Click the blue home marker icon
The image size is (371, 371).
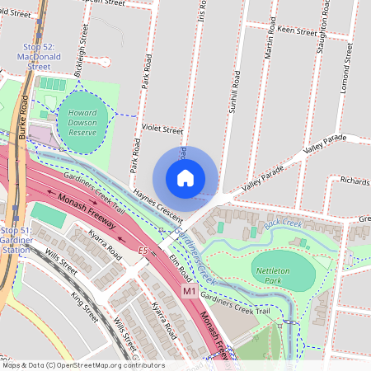click(185, 177)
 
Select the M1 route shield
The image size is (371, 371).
click(189, 291)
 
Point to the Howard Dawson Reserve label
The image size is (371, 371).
click(82, 122)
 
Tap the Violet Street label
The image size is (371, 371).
click(161, 129)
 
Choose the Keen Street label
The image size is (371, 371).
click(297, 31)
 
